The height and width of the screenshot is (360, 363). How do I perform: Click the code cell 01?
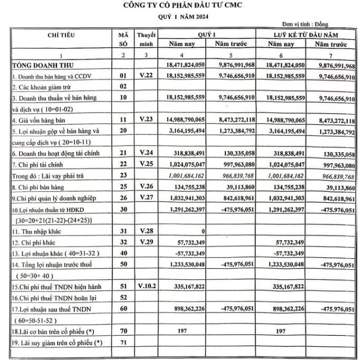tap(124, 76)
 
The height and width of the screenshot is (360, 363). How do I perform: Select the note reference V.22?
tap(146, 76)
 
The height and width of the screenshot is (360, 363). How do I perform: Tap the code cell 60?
tap(124, 309)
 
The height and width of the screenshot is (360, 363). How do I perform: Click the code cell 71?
tap(124, 343)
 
